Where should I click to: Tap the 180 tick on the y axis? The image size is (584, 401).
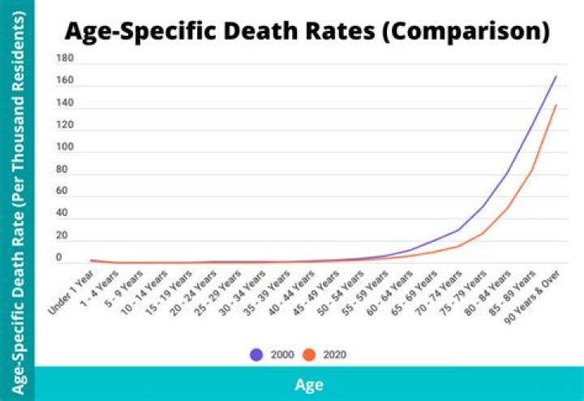pos(66,58)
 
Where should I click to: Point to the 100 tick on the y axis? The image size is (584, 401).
pos(66,148)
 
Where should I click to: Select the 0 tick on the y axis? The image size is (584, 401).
pos(58,258)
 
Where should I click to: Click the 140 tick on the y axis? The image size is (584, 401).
pos(66,103)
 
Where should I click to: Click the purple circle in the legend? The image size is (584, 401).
pos(257,355)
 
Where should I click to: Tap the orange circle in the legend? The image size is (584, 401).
pos(309,355)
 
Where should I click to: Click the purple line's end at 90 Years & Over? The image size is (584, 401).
pos(556,76)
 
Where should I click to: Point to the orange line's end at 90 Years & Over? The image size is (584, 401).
pos(556,105)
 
